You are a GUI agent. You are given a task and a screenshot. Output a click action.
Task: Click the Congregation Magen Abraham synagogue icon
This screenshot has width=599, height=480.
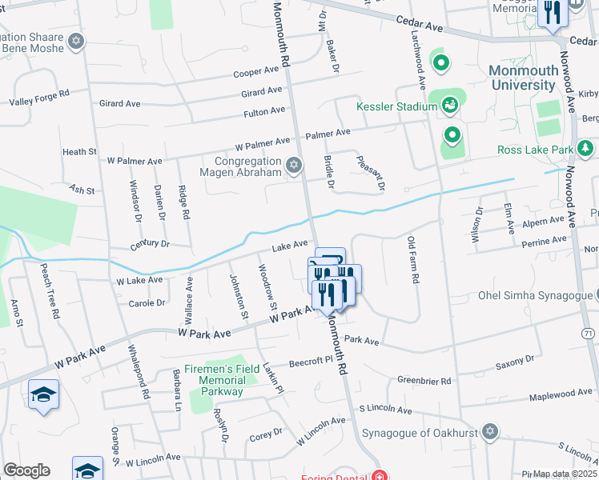294,166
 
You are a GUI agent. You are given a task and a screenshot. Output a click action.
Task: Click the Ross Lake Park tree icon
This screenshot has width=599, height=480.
585,149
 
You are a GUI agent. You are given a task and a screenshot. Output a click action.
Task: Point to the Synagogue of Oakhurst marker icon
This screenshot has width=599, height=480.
491,433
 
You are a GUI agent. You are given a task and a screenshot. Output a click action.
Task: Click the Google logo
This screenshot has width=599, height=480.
26,470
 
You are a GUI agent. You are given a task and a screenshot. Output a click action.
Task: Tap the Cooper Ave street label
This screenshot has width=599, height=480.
255,73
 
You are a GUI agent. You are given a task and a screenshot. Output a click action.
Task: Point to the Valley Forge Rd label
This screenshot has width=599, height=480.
39,98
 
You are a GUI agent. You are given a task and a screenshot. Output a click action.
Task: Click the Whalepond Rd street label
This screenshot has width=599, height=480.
137,373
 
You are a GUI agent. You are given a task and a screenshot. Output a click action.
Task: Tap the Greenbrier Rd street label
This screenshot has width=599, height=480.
424,381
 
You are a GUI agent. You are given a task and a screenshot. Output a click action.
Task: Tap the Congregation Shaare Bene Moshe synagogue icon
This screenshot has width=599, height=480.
76,41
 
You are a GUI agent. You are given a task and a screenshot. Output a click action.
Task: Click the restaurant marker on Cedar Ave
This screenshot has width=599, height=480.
552,14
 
